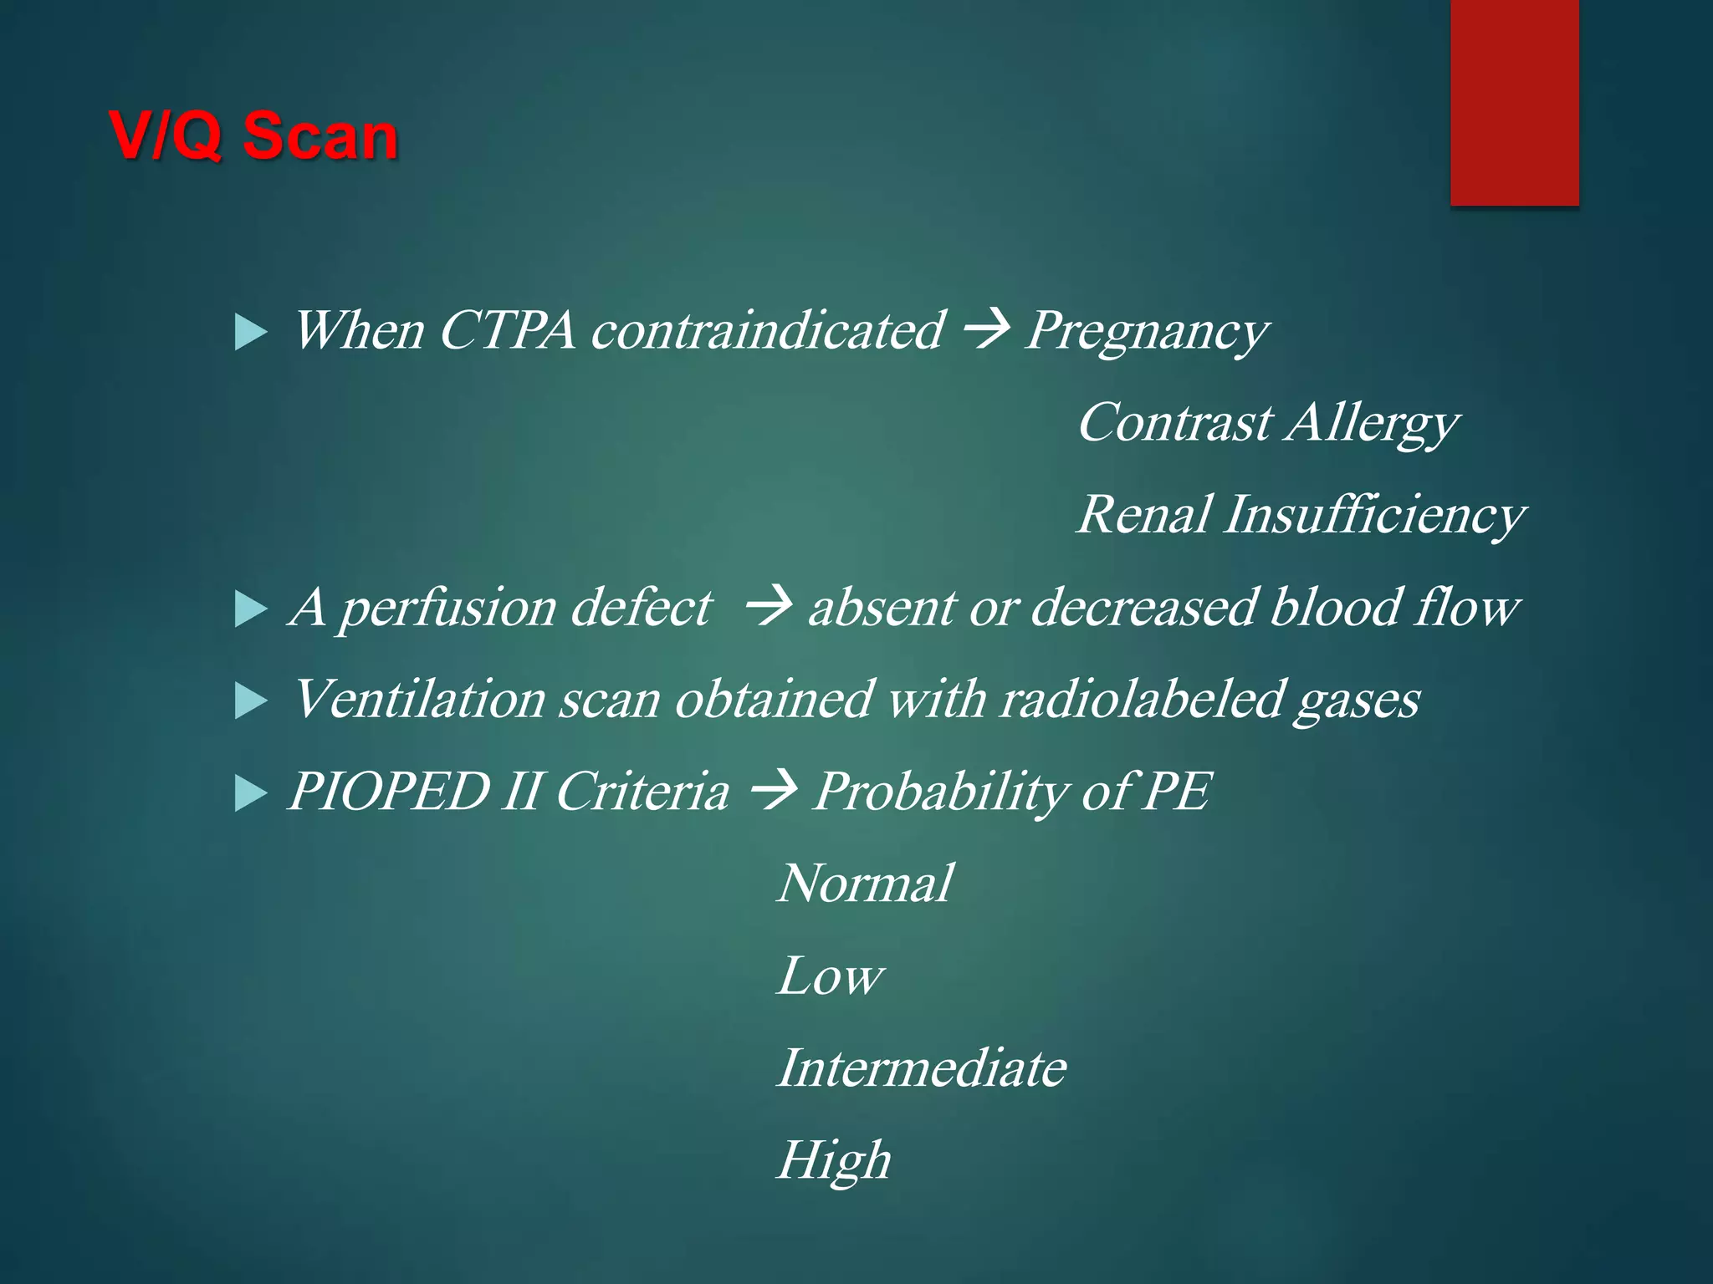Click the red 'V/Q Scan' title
(253, 135)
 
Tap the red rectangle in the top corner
(1514, 102)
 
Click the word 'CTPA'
(506, 331)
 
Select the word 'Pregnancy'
(1146, 333)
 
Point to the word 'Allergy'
(1373, 424)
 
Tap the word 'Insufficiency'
(1375, 516)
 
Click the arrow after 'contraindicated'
(987, 330)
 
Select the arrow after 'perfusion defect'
(768, 607)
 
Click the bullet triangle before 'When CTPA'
(250, 333)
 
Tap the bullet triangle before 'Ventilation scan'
(250, 701)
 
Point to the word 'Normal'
(865, 884)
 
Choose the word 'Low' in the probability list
(829, 976)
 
